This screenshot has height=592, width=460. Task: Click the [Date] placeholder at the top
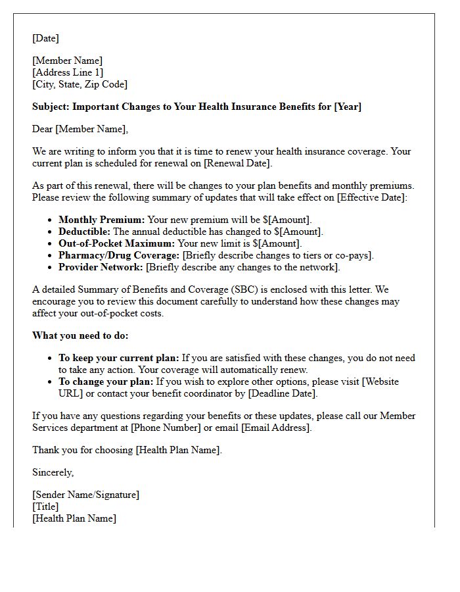[x=45, y=38]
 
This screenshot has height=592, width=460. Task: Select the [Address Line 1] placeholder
[x=68, y=72]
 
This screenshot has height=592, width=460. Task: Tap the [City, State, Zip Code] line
[x=80, y=84]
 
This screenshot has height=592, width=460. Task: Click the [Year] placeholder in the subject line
[x=348, y=107]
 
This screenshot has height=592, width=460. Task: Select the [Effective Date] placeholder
[x=372, y=197]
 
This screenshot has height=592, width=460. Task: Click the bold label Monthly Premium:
[x=102, y=220]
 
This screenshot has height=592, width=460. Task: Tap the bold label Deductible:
[x=85, y=232]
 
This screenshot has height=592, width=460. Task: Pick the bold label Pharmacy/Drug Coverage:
[x=119, y=255]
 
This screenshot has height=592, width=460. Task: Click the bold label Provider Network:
[x=101, y=267]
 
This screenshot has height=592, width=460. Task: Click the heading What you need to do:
[x=80, y=335]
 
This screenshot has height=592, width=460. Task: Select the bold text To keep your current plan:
[x=119, y=358]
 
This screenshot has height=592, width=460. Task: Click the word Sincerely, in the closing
[x=53, y=472]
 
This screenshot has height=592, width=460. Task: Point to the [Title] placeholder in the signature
[x=45, y=506]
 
